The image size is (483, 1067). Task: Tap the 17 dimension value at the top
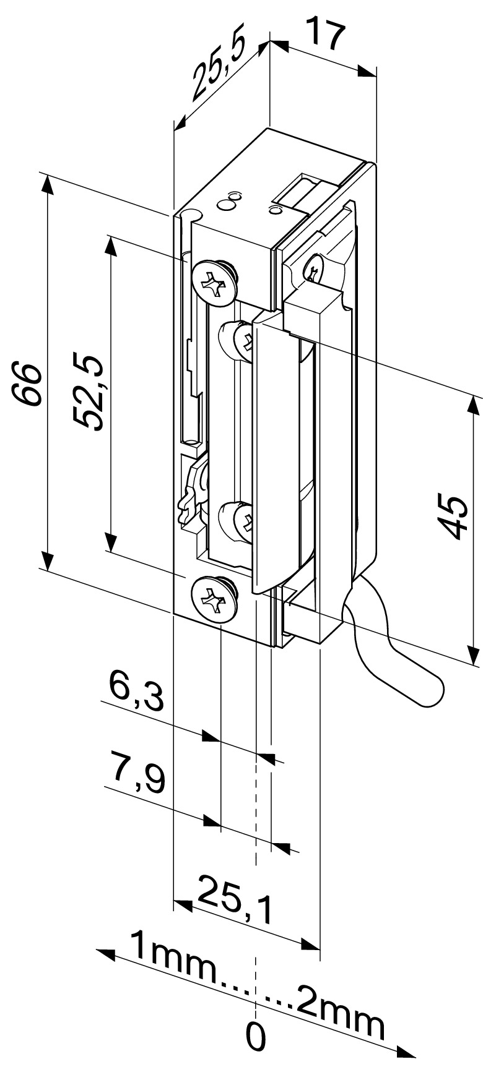point(326,35)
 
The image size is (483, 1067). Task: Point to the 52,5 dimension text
point(89,391)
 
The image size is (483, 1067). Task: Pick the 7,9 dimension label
point(137,772)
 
